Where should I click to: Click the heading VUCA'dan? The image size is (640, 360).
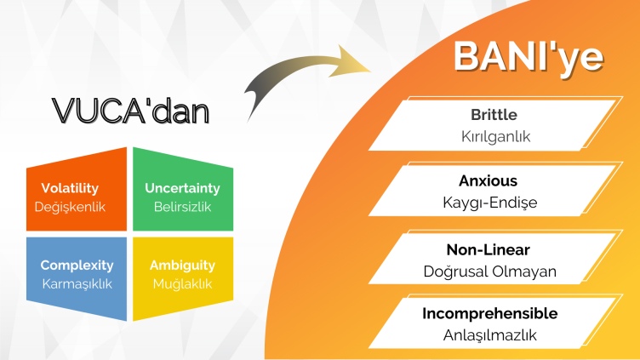(x=130, y=111)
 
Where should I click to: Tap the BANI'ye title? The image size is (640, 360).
(x=529, y=57)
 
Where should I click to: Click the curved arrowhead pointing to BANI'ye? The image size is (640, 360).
(x=349, y=61)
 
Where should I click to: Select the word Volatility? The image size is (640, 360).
(x=70, y=188)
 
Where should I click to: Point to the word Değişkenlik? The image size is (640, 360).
(x=70, y=207)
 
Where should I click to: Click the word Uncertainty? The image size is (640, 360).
(x=182, y=188)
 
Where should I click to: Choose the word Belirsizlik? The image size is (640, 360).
(x=182, y=207)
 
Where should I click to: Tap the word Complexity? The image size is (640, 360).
(x=77, y=266)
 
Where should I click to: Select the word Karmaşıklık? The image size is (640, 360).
(x=77, y=284)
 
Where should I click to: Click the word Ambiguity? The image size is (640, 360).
(x=182, y=266)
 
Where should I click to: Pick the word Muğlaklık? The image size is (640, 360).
(x=182, y=284)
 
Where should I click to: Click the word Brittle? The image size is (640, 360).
(x=494, y=115)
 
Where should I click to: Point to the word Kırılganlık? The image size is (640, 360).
(x=495, y=136)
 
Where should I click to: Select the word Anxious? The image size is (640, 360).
(x=489, y=180)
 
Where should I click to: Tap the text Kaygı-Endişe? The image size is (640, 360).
(x=490, y=203)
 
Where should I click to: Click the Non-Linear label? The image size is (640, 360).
(x=489, y=250)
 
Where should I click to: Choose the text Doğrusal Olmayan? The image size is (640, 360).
(x=490, y=271)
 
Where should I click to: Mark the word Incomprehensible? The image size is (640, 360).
(x=490, y=313)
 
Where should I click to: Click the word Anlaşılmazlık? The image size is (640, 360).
(x=490, y=335)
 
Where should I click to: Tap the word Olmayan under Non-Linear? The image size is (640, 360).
(x=524, y=271)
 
